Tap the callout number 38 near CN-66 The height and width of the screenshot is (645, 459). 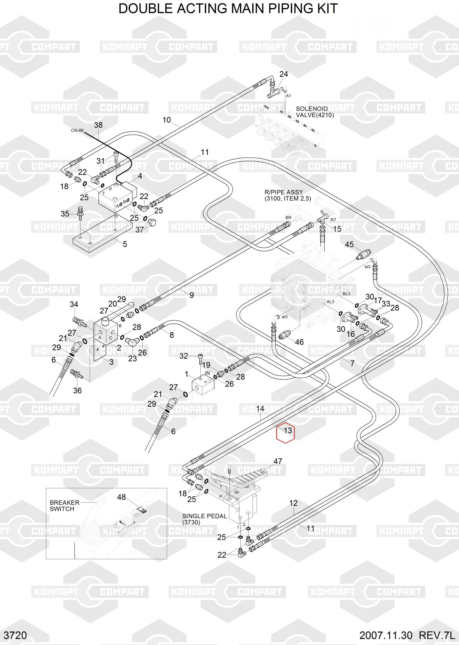(x=98, y=125)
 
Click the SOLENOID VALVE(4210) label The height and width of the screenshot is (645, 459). (x=314, y=112)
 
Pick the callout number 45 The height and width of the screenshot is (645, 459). (x=349, y=244)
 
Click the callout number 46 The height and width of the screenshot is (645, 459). (x=299, y=342)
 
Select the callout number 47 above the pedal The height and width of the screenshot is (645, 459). (x=278, y=461)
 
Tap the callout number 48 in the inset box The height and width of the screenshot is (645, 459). (x=121, y=497)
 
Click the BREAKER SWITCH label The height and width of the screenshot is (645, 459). (x=64, y=506)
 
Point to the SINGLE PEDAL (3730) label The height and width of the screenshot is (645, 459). (x=205, y=519)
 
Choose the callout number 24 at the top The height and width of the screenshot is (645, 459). (x=284, y=74)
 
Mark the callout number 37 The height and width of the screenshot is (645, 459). (x=140, y=230)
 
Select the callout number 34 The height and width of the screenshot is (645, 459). (x=74, y=304)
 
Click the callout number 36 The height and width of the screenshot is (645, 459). (x=77, y=390)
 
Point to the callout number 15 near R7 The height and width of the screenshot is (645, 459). (x=337, y=229)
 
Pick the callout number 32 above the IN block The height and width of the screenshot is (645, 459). (x=184, y=356)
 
